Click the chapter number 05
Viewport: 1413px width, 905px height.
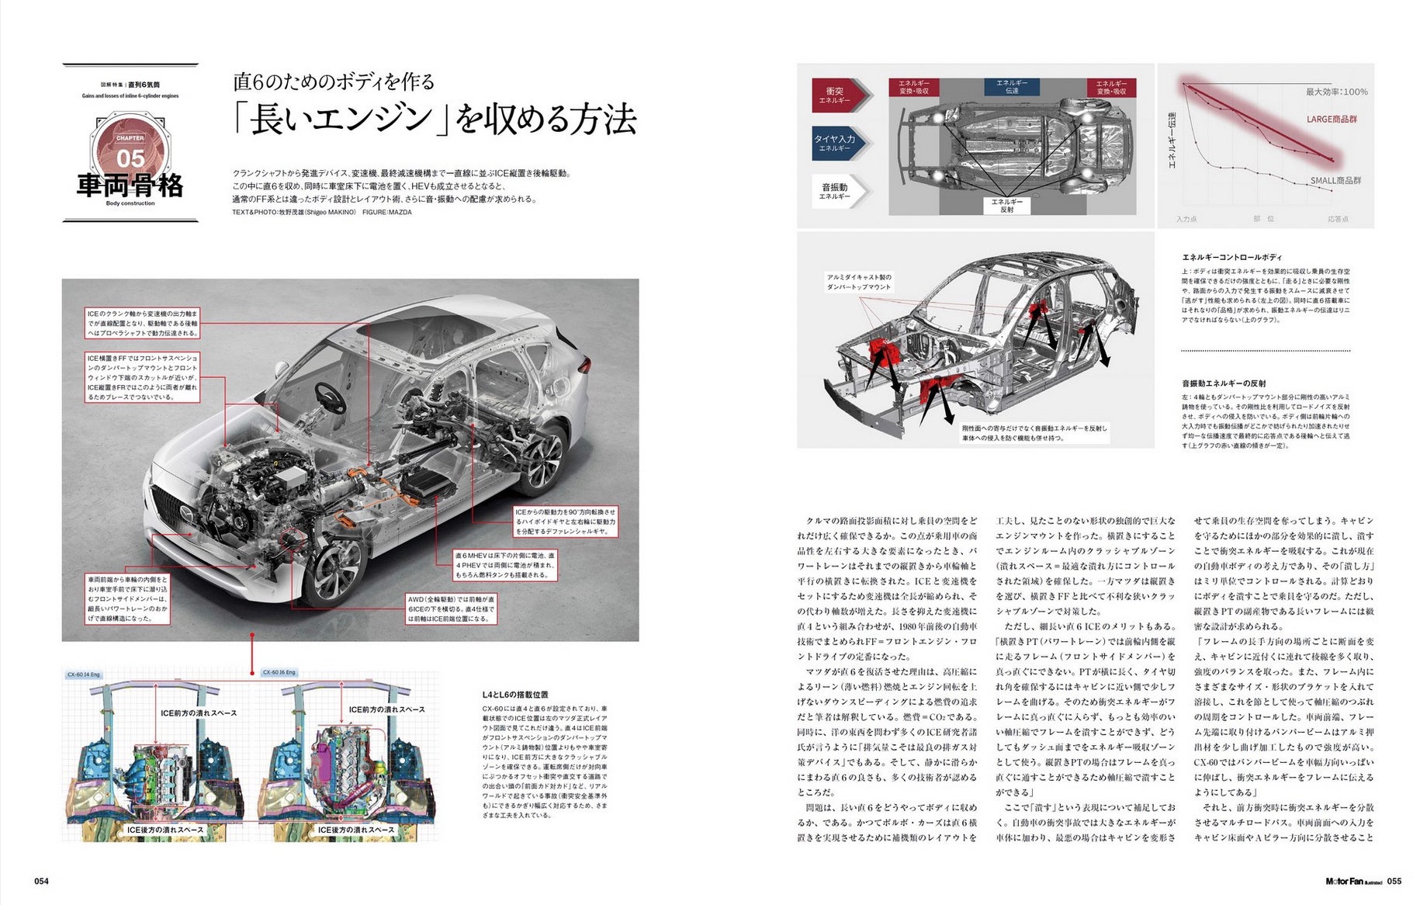click(130, 158)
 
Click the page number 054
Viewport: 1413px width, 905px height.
click(41, 881)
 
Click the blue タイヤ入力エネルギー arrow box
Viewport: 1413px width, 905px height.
click(836, 143)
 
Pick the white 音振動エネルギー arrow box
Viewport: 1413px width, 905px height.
click(836, 191)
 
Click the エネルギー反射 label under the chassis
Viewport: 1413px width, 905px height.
click(1006, 205)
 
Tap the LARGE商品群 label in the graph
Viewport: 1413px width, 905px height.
click(1332, 119)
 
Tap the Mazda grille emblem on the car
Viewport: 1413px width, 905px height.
click(186, 514)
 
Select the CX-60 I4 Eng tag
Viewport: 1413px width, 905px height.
click(84, 674)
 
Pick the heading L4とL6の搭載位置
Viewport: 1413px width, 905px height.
click(515, 695)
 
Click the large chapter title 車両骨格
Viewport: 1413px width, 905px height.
click(130, 186)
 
